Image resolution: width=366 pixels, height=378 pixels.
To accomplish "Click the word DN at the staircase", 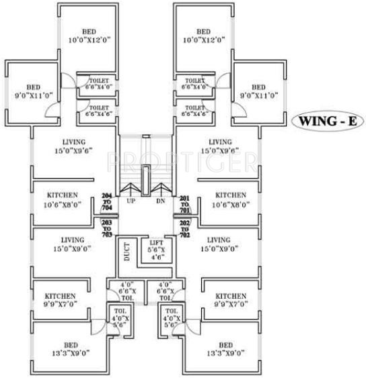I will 160,201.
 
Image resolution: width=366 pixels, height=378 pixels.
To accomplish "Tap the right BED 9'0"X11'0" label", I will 259,91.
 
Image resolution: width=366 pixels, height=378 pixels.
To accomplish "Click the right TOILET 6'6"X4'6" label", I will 194,111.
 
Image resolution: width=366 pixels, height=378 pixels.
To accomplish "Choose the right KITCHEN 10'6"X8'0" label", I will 231,199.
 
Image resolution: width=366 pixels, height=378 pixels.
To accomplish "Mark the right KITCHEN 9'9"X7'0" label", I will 231,299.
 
